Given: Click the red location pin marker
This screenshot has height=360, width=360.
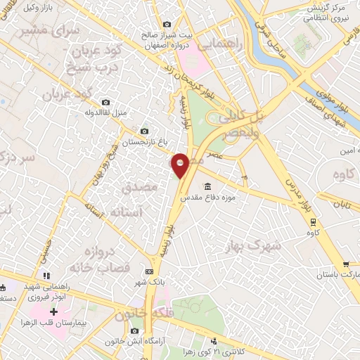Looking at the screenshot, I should (x=181, y=165).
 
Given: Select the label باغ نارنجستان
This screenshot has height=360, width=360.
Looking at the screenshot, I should (x=144, y=142).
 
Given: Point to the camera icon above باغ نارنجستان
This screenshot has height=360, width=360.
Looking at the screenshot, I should (x=145, y=131).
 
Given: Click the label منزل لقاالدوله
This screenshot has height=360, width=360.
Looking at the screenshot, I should (x=105, y=112).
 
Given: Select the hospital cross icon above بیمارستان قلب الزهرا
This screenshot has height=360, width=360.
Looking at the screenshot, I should (x=54, y=310).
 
